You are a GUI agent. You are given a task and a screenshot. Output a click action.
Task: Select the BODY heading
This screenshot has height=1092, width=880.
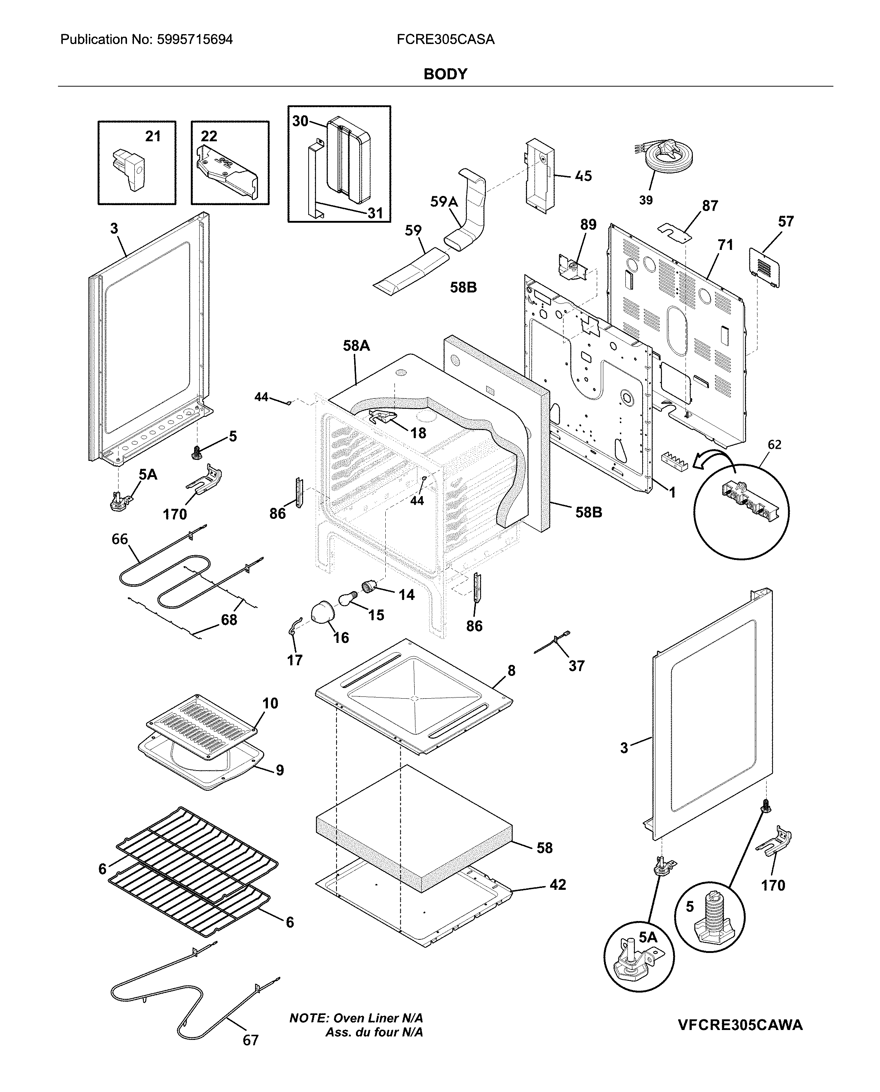445,74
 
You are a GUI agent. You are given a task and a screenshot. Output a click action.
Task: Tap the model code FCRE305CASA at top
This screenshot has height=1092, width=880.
445,40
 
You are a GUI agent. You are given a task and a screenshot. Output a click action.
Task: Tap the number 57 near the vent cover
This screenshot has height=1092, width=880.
786,221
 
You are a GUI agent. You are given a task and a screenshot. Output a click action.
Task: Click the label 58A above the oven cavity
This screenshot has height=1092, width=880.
356,346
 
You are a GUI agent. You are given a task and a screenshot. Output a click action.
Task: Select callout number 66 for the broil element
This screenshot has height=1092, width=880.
120,539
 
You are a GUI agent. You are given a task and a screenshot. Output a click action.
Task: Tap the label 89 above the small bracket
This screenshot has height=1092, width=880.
588,225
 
